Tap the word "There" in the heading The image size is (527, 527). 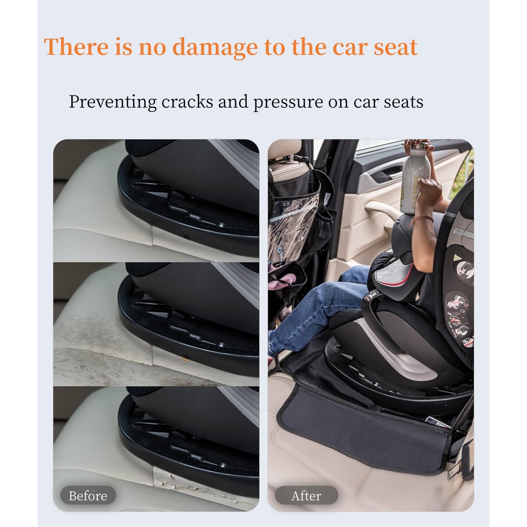point(76,47)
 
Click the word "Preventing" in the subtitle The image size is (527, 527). point(113,102)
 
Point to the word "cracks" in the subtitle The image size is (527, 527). point(187,102)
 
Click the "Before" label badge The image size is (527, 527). point(88,496)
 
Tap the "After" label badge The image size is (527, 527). point(306,496)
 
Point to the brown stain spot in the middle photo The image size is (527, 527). point(184,359)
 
